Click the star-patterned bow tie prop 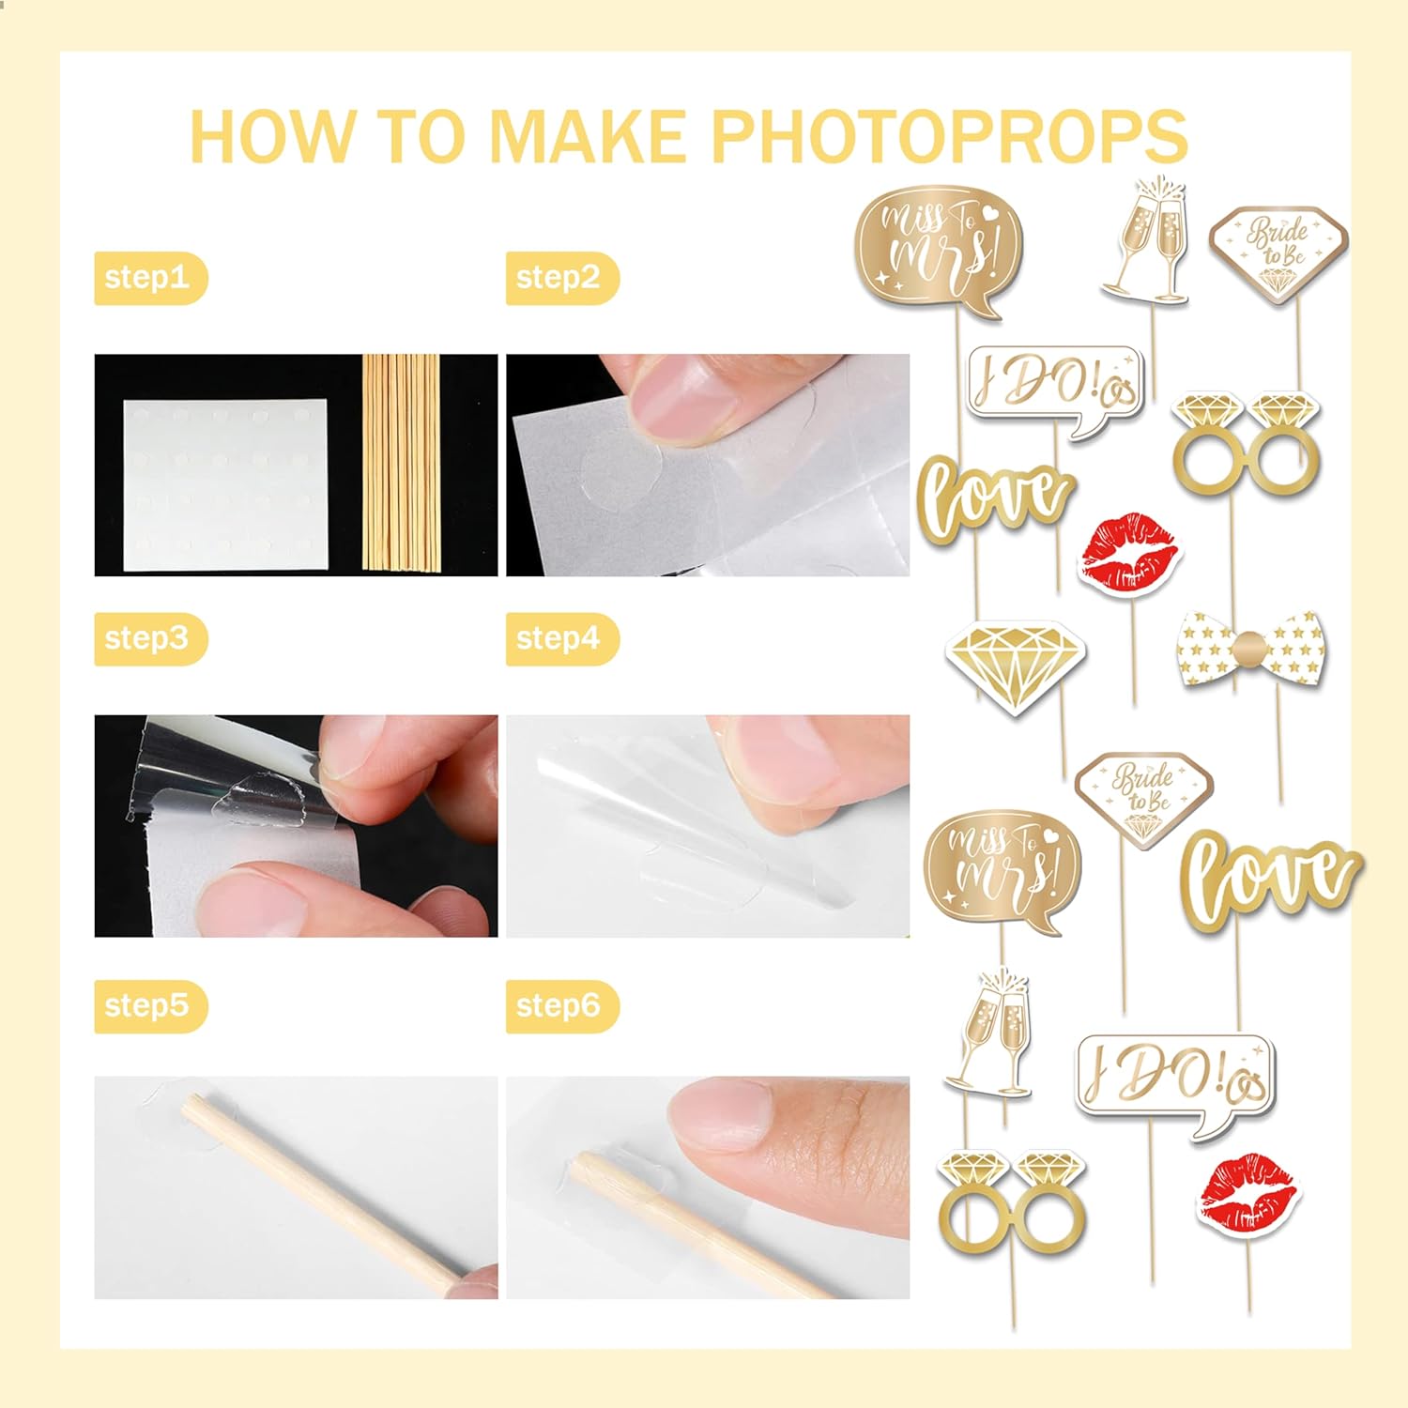(x=1250, y=648)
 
